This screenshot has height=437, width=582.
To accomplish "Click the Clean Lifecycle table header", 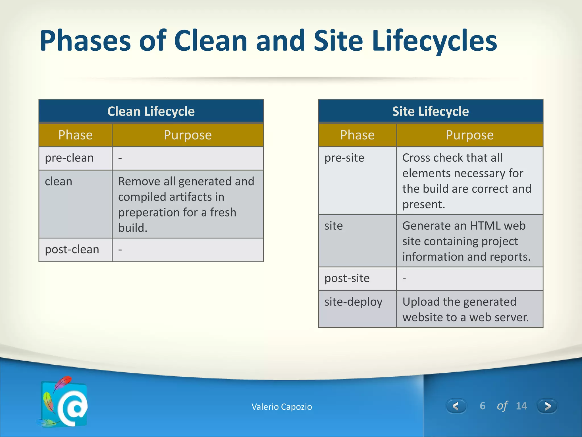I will click(x=151, y=111).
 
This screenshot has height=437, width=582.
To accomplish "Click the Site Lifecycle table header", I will click(x=430, y=111).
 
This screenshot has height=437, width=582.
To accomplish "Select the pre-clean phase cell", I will click(x=69, y=158).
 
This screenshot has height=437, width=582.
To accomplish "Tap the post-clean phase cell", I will click(x=72, y=250).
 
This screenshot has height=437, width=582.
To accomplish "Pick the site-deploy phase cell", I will click(x=353, y=302).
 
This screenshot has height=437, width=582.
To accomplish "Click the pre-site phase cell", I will click(x=344, y=158).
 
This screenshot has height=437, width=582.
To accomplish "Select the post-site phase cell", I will click(x=347, y=278).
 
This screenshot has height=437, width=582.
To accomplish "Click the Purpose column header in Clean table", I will click(x=188, y=135).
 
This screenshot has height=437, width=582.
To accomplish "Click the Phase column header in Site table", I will click(x=357, y=135).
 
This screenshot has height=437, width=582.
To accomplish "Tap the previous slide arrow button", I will click(x=456, y=406).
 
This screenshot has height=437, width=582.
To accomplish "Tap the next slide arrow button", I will click(x=547, y=406).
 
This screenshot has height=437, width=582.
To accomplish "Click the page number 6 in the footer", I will click(x=482, y=406).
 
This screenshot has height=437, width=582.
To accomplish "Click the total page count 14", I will click(x=521, y=406).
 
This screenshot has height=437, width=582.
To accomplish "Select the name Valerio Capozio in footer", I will click(x=282, y=407).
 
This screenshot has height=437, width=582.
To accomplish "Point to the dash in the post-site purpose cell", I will click(x=404, y=278).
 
